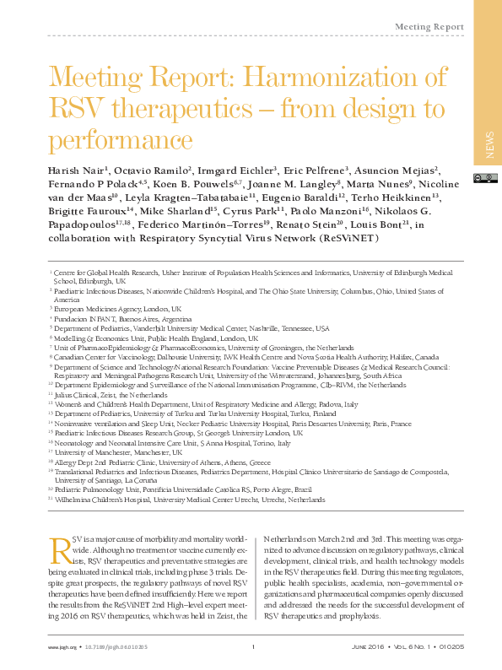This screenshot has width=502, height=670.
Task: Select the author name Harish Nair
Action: click(x=75, y=170)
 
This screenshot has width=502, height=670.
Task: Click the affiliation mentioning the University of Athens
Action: click(x=161, y=462)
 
